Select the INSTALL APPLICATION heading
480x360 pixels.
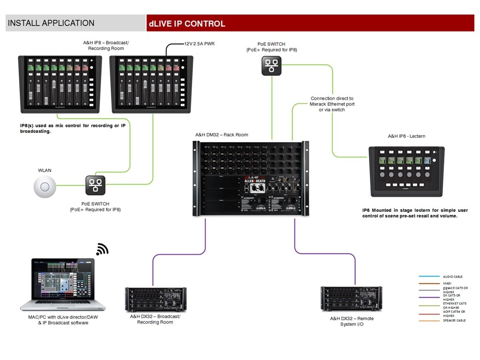point(51,23)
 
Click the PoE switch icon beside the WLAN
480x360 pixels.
point(96,186)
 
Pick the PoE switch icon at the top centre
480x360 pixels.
point(271,66)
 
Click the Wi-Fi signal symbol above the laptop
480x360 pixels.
point(102,249)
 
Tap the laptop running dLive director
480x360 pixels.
point(63,284)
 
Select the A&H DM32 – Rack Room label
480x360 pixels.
point(222,135)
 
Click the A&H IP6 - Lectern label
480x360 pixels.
point(406,136)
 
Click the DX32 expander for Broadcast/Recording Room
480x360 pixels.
point(156,300)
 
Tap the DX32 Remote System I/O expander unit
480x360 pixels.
point(351,299)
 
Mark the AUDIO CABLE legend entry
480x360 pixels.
point(452,277)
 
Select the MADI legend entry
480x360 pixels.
point(447,283)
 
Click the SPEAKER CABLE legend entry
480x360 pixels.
point(454,320)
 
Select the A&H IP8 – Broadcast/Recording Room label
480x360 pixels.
point(105,46)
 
